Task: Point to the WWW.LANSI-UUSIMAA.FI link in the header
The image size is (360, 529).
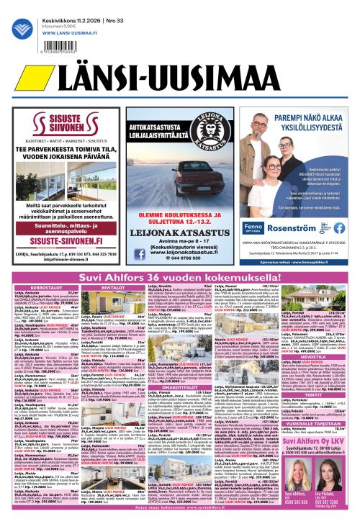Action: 63,31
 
